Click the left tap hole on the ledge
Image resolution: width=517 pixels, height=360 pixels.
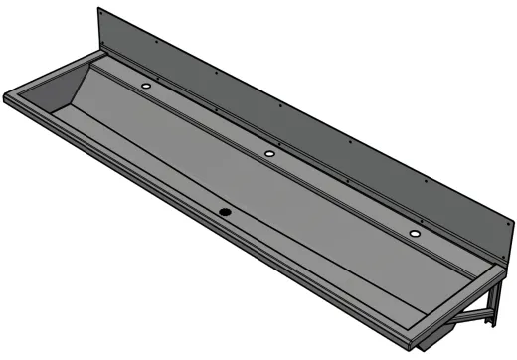click(x=147, y=87)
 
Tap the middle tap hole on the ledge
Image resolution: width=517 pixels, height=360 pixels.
click(x=269, y=153)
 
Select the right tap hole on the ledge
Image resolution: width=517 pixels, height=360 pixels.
click(x=414, y=233)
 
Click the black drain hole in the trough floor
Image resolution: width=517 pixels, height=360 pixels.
click(x=226, y=211)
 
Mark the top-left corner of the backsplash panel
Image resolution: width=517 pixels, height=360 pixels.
click(x=98, y=9)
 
